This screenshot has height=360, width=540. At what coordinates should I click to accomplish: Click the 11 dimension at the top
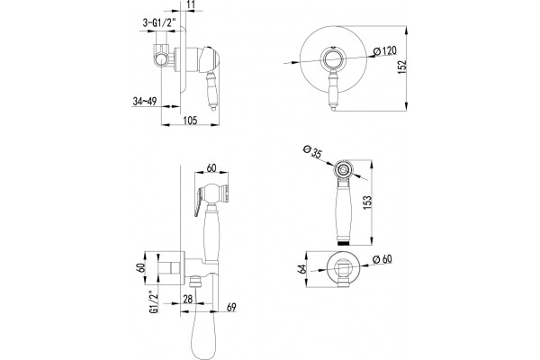click(x=192, y=4)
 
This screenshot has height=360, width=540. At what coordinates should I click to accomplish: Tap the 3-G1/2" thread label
click(x=159, y=23)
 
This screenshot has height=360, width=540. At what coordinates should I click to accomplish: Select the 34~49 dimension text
click(x=145, y=102)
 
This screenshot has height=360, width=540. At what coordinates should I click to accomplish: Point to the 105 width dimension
click(x=190, y=121)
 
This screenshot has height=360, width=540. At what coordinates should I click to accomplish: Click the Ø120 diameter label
click(x=385, y=51)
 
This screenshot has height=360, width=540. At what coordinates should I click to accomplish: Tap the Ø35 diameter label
click(x=312, y=151)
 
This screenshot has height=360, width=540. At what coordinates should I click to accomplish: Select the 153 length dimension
click(x=367, y=202)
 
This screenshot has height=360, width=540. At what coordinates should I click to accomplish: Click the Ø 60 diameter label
click(x=382, y=259)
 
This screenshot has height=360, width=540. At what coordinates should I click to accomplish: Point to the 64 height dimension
click(x=302, y=269)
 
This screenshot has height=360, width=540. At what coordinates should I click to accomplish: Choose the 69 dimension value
click(x=231, y=307)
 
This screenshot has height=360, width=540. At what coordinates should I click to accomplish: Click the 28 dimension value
click(x=188, y=299)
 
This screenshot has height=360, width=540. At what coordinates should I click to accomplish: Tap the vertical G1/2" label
click(x=154, y=302)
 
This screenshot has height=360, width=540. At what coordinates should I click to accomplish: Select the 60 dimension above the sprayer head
click(x=211, y=167)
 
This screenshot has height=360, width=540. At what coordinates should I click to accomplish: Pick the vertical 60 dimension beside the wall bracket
click(x=140, y=268)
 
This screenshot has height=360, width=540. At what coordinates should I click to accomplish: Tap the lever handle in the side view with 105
click(x=212, y=91)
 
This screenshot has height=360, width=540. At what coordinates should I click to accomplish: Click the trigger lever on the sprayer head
click(x=199, y=202)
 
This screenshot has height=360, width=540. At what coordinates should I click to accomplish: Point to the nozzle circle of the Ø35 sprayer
click(x=343, y=169)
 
